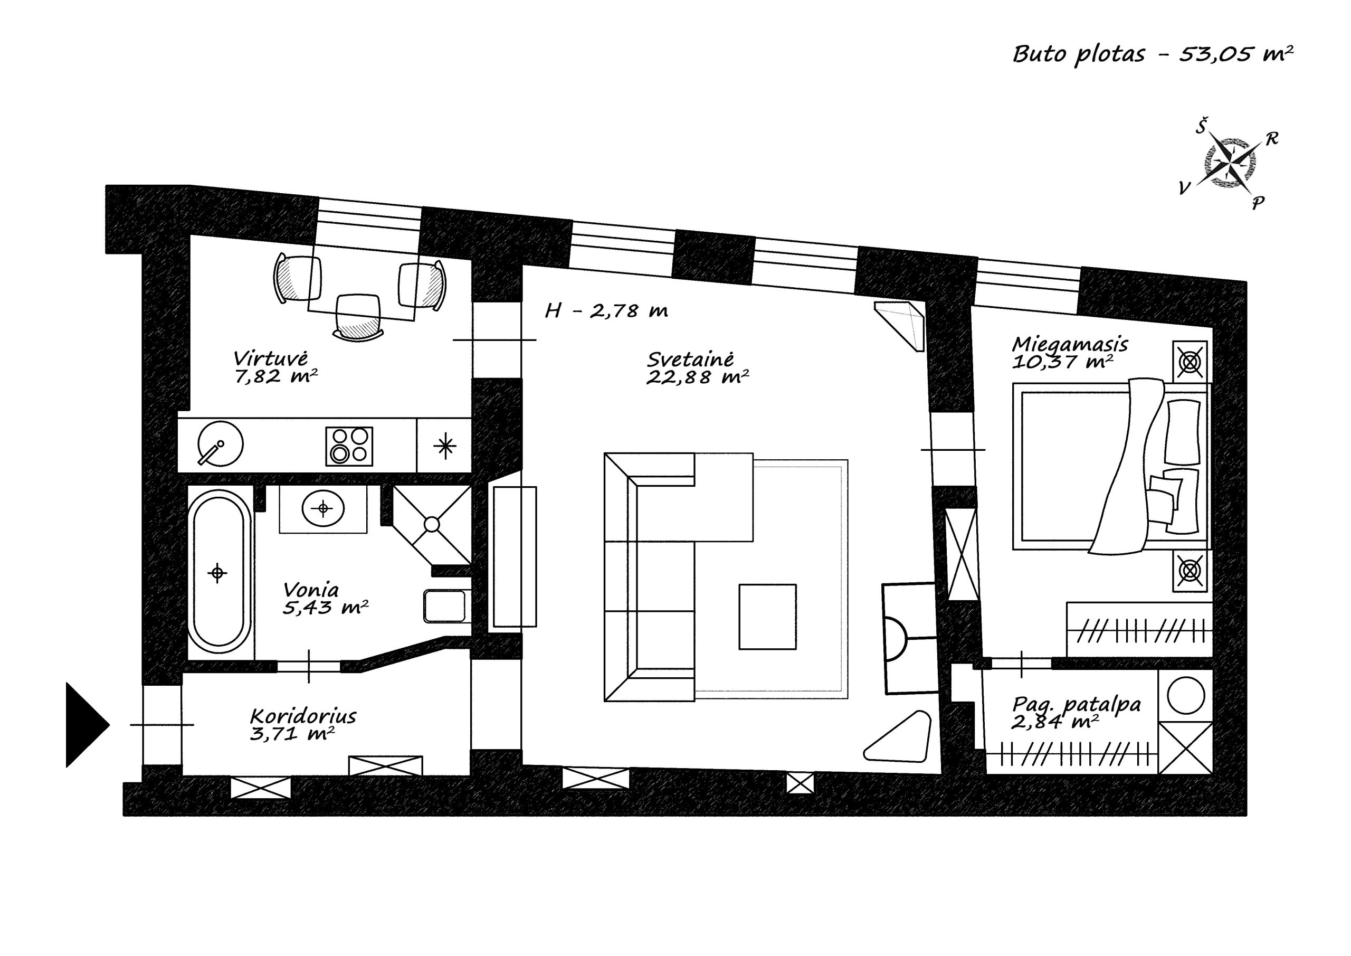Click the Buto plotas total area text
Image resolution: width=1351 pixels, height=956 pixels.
pyautogui.click(x=1153, y=53)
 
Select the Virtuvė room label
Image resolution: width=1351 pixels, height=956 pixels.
pyautogui.click(x=270, y=358)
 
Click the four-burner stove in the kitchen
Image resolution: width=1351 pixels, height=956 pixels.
pyautogui.click(x=349, y=446)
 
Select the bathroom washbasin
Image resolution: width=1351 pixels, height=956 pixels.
pyautogui.click(x=323, y=508)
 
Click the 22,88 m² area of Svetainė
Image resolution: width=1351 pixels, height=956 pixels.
pyautogui.click(x=697, y=377)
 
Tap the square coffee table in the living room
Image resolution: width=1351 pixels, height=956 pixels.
pyautogui.click(x=767, y=617)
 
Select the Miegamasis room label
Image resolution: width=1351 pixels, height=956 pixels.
pyautogui.click(x=1070, y=344)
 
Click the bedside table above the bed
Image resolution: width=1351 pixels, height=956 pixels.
pyautogui.click(x=1190, y=361)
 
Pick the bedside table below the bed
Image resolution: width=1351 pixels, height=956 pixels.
pyautogui.click(x=1190, y=571)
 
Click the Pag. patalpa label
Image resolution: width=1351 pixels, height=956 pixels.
pyautogui.click(x=1076, y=705)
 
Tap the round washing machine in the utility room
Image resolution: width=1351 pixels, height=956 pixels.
pyautogui.click(x=1186, y=696)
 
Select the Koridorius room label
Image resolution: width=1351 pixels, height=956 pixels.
pyautogui.click(x=303, y=716)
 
